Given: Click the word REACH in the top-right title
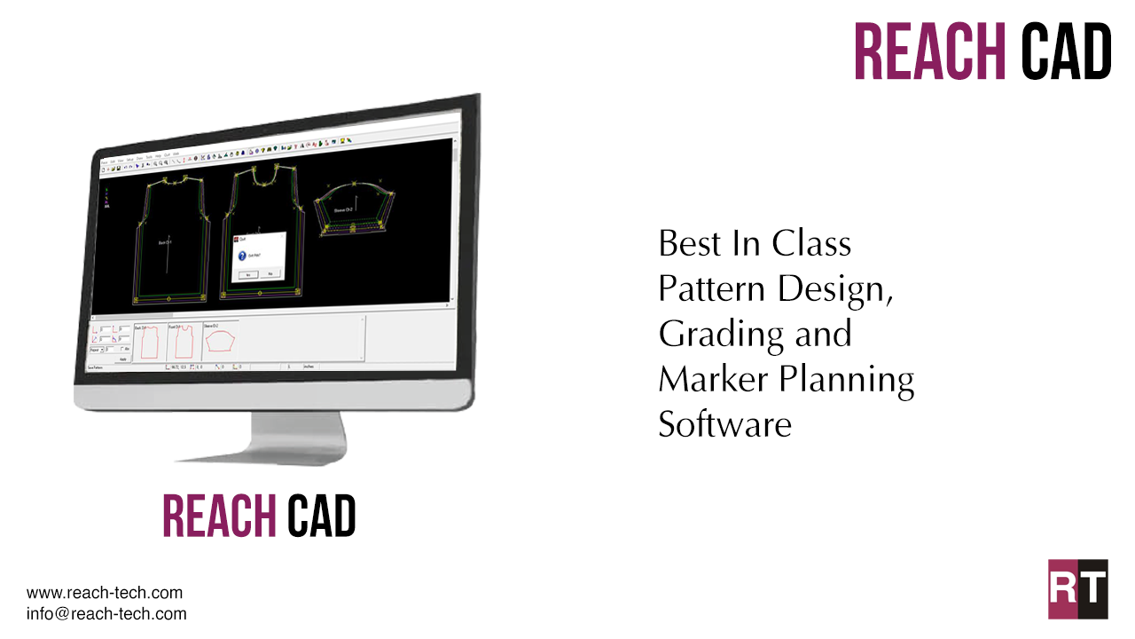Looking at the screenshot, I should click(x=930, y=51).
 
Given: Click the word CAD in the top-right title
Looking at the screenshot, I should click(x=1066, y=51).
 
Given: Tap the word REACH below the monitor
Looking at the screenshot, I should click(x=219, y=516).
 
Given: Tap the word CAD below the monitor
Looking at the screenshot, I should click(x=321, y=516).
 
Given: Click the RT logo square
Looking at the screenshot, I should click(x=1077, y=588).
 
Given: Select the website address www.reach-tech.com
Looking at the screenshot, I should click(x=105, y=593).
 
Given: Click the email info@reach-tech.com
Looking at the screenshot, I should click(x=106, y=613).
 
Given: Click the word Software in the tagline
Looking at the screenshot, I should click(x=724, y=424).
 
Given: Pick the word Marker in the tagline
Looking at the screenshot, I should click(x=712, y=380).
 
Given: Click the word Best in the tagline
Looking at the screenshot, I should click(x=683, y=243).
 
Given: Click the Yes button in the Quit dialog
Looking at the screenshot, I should click(x=247, y=275).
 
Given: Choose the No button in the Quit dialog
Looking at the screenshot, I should click(x=270, y=274).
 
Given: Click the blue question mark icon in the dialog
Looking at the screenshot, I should click(x=243, y=256).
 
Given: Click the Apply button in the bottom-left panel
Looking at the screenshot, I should click(x=122, y=359).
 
